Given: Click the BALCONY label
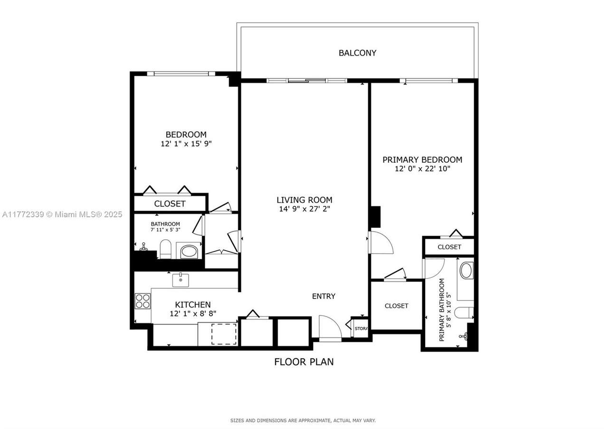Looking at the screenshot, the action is click(358, 53).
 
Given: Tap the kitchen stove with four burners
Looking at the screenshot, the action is click(143, 301).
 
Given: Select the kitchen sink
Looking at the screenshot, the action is click(181, 280).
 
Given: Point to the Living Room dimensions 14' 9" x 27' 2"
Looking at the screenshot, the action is click(304, 209).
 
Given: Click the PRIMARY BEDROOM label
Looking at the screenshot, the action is click(422, 160).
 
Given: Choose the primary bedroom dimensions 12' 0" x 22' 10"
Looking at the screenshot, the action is click(422, 169).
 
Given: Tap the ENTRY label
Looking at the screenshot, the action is click(323, 296).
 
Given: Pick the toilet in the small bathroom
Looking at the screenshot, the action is click(165, 249).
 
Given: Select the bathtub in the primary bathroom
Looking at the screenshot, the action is click(466, 270).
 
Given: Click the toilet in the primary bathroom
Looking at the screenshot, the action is click(464, 313).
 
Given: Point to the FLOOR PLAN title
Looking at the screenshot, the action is click(304, 362).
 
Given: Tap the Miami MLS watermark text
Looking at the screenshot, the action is click(62, 214).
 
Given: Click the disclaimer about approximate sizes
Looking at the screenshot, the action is click(303, 420).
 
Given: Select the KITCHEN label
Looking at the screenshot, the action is click(193, 305).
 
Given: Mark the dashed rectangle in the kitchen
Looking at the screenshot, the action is click(224, 334).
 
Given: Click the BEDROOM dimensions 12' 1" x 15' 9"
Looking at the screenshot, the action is click(186, 144).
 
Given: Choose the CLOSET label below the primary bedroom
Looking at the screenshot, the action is click(396, 306).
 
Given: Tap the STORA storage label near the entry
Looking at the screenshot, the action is click(361, 329).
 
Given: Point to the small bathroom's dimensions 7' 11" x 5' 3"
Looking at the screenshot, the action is click(165, 230).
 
